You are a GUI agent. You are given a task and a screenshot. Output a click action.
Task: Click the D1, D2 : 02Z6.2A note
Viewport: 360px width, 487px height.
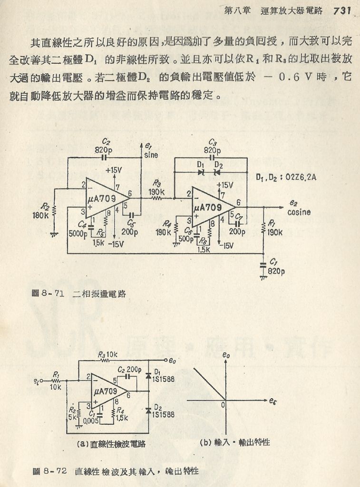pyautogui.click(x=286, y=178)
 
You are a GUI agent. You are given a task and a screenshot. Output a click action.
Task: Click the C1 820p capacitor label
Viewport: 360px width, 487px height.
pyautogui.click(x=276, y=267)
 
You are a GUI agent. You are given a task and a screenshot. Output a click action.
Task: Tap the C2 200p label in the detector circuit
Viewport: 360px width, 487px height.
pyautogui.click(x=130, y=370)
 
